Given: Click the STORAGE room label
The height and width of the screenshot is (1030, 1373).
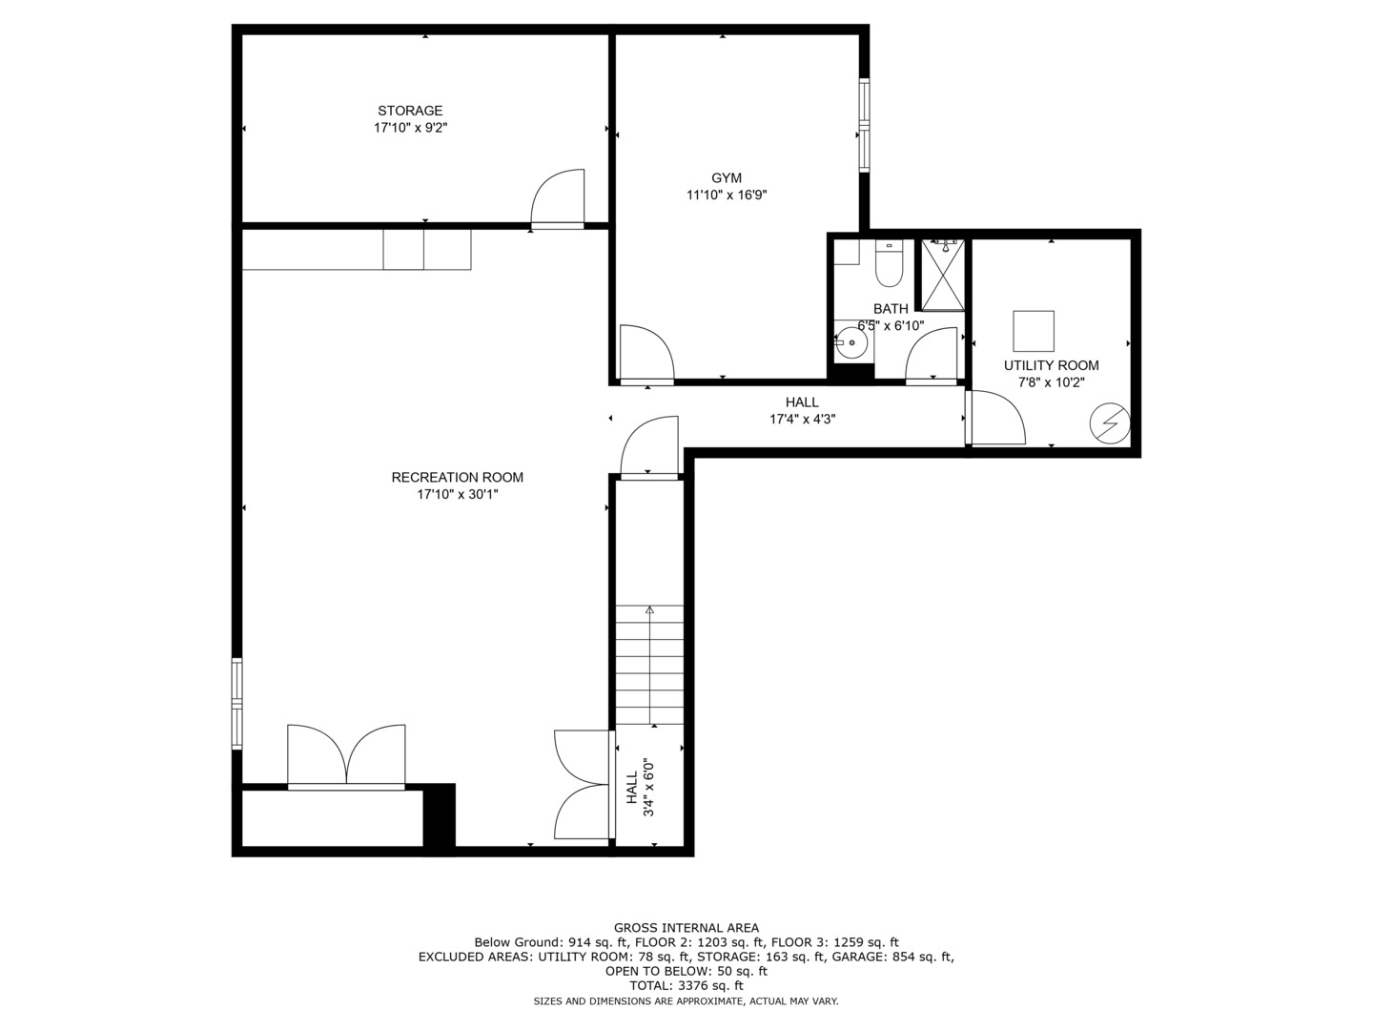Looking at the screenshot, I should click(x=410, y=111).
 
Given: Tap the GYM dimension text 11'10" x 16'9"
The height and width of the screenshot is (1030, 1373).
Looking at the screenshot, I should click(x=727, y=196).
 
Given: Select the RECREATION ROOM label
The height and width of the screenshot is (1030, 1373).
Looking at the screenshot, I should click(x=457, y=477).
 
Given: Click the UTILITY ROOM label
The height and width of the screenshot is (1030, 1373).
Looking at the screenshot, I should click(x=1051, y=365).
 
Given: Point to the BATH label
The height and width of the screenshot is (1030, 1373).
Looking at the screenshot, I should click(x=891, y=309).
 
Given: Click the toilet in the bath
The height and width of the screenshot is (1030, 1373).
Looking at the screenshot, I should click(x=889, y=265).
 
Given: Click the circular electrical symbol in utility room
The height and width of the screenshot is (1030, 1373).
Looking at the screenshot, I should click(x=1110, y=423).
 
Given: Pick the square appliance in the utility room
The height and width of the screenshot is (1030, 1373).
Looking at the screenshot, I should click(x=1034, y=331).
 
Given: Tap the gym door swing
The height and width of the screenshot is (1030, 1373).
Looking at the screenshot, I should click(x=646, y=353).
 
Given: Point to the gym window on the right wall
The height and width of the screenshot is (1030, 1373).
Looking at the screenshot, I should click(x=865, y=125).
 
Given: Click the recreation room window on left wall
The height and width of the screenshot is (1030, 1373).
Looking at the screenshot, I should click(x=237, y=703).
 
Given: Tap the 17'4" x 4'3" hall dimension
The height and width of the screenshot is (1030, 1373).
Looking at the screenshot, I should click(x=803, y=419).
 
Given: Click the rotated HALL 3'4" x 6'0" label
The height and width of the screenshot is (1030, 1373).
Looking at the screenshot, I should click(x=640, y=788).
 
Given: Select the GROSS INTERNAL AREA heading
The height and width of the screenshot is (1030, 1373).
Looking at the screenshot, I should click(x=686, y=927).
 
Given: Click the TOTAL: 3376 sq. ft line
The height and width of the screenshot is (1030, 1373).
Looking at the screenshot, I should click(x=686, y=985).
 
